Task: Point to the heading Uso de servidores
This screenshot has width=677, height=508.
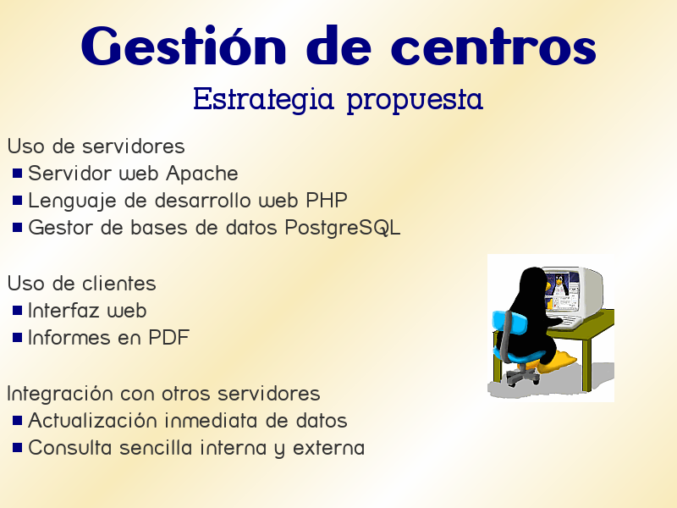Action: [96, 146]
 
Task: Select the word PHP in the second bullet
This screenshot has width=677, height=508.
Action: [326, 202]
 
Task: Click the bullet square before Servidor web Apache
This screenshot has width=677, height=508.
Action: [17, 174]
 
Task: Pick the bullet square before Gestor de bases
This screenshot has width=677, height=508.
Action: [17, 229]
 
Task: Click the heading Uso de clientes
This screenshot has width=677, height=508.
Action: [81, 283]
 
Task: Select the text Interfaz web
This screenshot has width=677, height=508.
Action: [87, 311]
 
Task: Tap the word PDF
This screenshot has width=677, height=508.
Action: [168, 338]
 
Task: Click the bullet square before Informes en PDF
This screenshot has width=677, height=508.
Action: [17, 338]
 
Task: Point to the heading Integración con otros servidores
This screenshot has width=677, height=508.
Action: [163, 394]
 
